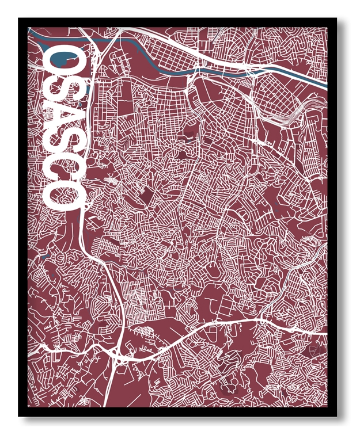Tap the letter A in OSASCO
coord(63,118)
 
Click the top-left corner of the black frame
coord(19,19)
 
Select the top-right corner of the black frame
coord(337,19)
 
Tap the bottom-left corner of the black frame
coord(19,415)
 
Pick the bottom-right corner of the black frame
coord(337,415)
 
